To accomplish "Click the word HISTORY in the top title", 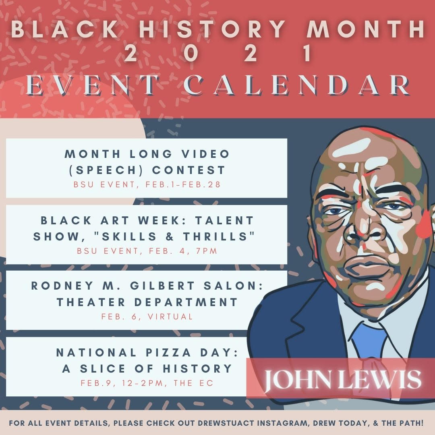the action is coord(213,29).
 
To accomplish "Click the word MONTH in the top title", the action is coord(365,29).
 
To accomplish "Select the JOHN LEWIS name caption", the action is coord(342,379).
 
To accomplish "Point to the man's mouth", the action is coord(366,266).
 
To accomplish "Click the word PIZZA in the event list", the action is coord(168,352).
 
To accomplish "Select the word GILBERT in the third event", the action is coord(163,286).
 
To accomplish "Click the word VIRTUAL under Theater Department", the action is coord(170,317).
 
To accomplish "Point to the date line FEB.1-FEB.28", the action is coord(183,184).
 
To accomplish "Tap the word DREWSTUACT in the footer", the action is coord(226,423).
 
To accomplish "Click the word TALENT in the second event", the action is coord(224,221).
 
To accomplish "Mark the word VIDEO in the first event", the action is coord(205,154).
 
